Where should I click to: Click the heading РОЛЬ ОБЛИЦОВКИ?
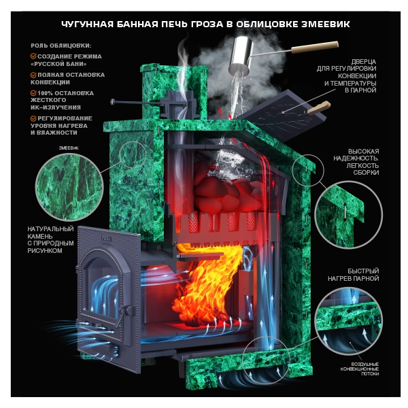[61, 46]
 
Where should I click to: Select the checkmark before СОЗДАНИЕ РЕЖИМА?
[33, 56]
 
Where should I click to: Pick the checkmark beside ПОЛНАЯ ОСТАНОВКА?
[33, 75]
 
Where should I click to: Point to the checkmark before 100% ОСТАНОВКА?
[33, 93]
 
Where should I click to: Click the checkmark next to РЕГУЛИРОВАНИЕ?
[33, 118]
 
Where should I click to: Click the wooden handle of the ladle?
[315, 47]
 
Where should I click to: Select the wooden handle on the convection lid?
[318, 107]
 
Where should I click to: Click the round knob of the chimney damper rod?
[113, 101]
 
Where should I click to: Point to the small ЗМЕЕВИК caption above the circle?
[69, 148]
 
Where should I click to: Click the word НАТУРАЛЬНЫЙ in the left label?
[50, 229]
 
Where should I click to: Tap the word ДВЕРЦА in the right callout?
[364, 62]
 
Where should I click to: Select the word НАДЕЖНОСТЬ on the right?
[356, 158]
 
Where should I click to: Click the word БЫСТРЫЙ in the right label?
[363, 271]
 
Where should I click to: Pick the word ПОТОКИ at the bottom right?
[370, 373]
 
